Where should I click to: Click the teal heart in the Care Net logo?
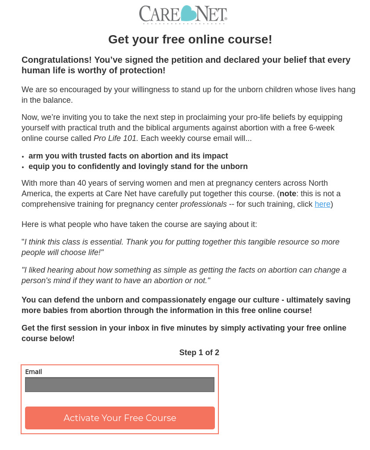coord(188,14)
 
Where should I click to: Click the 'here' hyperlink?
coord(323,204)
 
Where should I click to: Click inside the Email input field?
coord(120,385)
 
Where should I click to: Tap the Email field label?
coord(33,372)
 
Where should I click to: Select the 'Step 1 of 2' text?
coord(199,353)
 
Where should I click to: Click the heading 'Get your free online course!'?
coord(190,40)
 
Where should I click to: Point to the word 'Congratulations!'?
coord(57,60)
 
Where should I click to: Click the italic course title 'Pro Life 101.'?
coord(116,138)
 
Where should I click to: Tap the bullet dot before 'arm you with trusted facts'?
coord(23,157)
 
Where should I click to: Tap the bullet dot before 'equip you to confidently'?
coord(23,167)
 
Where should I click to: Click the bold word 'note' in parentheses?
coord(288,194)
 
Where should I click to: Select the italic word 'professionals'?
coord(203,204)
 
